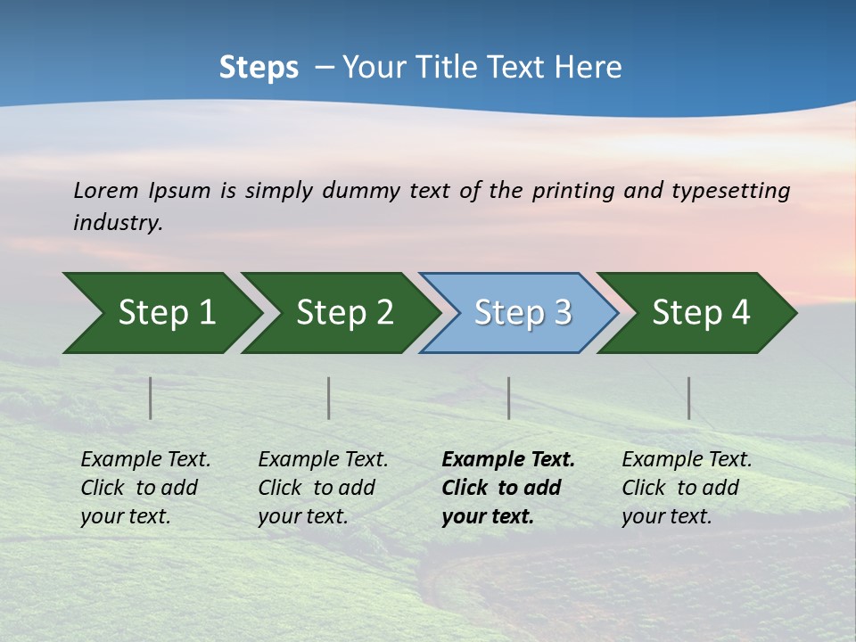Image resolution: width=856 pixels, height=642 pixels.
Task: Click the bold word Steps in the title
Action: coord(259,68)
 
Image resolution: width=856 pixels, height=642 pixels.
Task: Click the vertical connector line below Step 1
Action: coord(151,398)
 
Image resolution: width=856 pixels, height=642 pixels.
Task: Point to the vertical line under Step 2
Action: coord(329,398)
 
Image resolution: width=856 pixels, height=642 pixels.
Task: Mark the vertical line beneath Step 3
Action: coord(509,398)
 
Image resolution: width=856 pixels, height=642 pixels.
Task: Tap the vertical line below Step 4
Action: coord(689,398)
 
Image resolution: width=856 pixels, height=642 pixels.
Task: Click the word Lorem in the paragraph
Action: coord(106,191)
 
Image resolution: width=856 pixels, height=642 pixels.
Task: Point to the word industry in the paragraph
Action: coord(118,223)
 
